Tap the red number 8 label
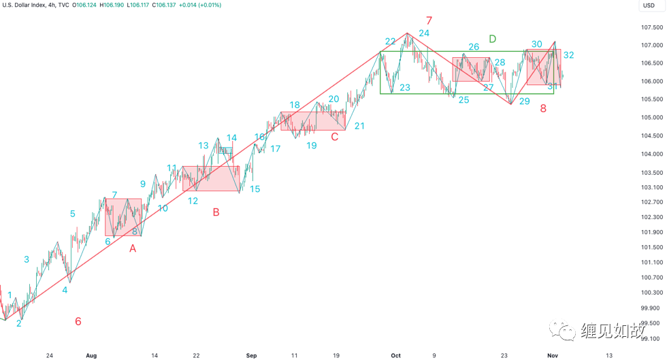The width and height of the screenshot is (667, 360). pyautogui.click(x=543, y=108)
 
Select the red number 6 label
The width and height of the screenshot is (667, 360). pyautogui.click(x=78, y=321)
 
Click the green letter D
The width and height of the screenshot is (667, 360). pyautogui.click(x=492, y=38)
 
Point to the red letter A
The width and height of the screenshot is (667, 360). pyautogui.click(x=133, y=249)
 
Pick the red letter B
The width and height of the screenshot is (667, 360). pyautogui.click(x=216, y=212)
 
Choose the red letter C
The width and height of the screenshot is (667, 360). pyautogui.click(x=334, y=137)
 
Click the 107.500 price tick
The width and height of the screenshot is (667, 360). pyautogui.click(x=652, y=28)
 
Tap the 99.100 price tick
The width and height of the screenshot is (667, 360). pyautogui.click(x=652, y=338)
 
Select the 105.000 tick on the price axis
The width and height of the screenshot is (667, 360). pyautogui.click(x=652, y=118)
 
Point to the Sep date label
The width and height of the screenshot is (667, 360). pyautogui.click(x=251, y=355)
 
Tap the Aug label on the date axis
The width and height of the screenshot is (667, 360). pyautogui.click(x=92, y=355)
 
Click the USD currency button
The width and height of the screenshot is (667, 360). pyautogui.click(x=648, y=5)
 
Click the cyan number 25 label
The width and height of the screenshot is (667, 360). pyautogui.click(x=463, y=100)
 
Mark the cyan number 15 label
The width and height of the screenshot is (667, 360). pyautogui.click(x=255, y=189)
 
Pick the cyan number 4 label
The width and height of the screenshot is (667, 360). pyautogui.click(x=65, y=290)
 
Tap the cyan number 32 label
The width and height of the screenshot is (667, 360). pyautogui.click(x=568, y=55)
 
